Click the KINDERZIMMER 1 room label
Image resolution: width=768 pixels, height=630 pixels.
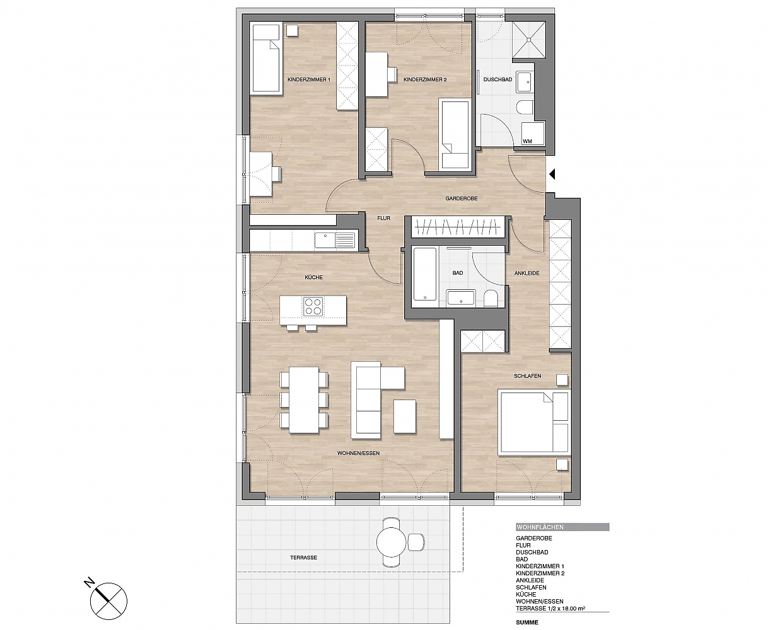(x=308, y=79)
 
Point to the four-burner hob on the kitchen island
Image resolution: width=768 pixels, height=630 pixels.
(x=313, y=306)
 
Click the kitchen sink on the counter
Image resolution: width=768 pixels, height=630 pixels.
(x=79, y=241)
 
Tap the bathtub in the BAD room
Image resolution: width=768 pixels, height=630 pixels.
(x=424, y=274)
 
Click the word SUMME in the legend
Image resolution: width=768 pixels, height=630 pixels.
(x=527, y=622)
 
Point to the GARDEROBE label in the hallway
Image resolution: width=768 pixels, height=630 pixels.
(x=462, y=198)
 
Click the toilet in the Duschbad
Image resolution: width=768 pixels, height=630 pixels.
(x=524, y=107)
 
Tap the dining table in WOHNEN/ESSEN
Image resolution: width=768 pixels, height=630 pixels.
(x=304, y=400)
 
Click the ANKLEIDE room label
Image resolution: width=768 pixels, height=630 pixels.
(x=527, y=273)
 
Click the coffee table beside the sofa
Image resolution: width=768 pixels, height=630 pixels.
(x=405, y=416)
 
